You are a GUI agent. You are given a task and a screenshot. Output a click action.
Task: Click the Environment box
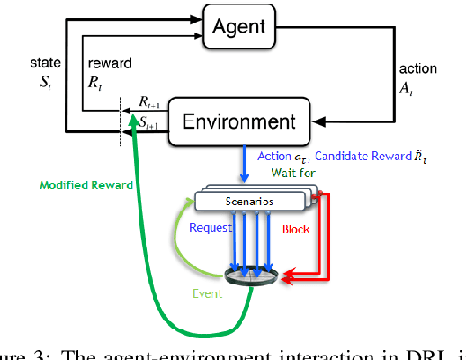coord(246,120)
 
